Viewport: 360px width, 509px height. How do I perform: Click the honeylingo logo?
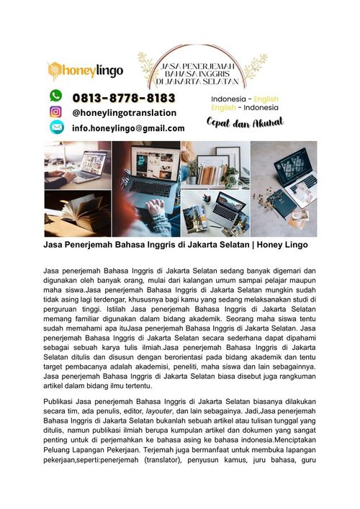click(x=84, y=70)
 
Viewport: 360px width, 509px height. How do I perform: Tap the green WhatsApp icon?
click(x=55, y=96)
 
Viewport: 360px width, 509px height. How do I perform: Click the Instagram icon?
click(x=55, y=112)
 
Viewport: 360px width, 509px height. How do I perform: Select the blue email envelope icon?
click(x=55, y=127)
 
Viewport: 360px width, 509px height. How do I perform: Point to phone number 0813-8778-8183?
click(x=124, y=97)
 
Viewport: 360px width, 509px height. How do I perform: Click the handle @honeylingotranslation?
click(x=124, y=112)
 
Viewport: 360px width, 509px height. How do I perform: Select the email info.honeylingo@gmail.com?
click(x=128, y=128)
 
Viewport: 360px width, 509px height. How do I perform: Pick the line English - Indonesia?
click(x=244, y=108)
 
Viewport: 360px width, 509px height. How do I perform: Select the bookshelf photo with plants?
click(x=214, y=164)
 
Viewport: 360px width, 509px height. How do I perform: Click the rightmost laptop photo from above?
click(x=284, y=189)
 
